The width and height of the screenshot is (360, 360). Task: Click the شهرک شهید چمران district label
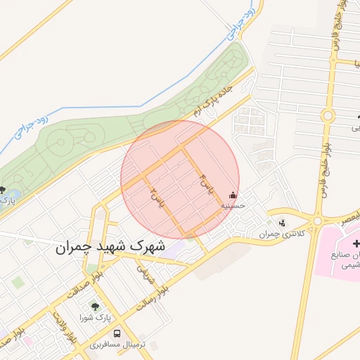pos(110,247)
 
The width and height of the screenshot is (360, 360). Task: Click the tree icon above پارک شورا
pos(96,307)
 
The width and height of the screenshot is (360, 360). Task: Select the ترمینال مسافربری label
pos(117,346)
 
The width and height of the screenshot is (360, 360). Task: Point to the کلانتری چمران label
pos(282,234)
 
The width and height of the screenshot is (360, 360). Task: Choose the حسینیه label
pos(233,207)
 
